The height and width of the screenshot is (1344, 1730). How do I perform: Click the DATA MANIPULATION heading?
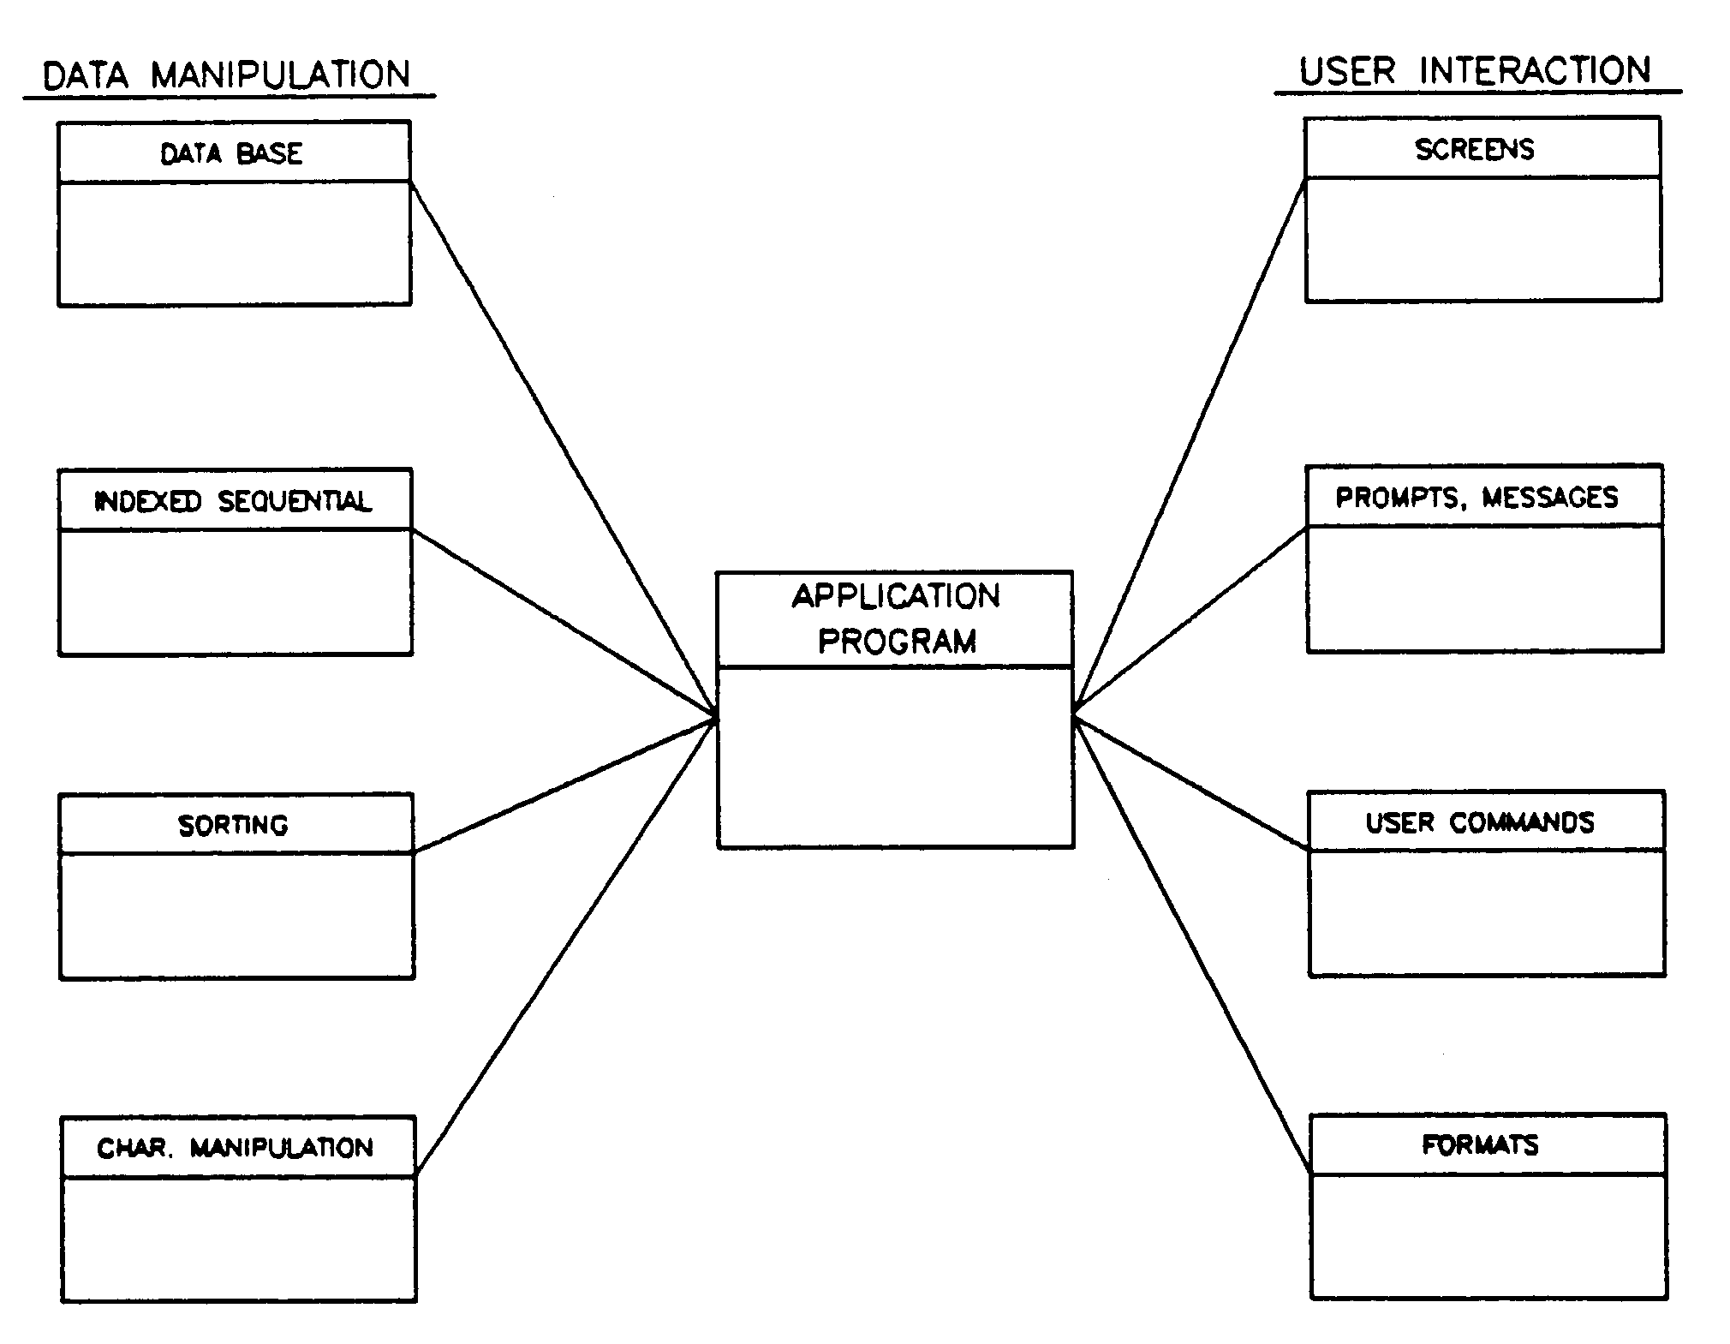(227, 75)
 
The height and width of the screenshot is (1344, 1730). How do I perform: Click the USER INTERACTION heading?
(1475, 71)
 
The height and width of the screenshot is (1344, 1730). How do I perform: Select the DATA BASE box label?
(231, 153)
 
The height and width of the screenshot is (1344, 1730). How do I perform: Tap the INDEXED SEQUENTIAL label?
(233, 501)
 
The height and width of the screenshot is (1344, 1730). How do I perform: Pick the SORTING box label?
(233, 825)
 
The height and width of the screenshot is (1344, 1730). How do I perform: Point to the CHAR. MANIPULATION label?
(236, 1148)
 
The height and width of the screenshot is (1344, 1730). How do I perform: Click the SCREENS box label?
(1475, 150)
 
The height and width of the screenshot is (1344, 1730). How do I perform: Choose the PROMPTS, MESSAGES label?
(1477, 498)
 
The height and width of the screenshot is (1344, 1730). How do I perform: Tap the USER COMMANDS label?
(1480, 822)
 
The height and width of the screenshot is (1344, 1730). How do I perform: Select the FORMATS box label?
(1481, 1145)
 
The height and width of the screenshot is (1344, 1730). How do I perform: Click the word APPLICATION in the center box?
(896, 596)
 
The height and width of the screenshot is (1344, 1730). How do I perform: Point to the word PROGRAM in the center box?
(897, 641)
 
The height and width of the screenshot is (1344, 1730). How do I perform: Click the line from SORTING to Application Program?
(565, 785)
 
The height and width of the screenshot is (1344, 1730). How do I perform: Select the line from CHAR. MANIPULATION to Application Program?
(565, 946)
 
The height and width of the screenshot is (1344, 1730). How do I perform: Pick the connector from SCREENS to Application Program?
(1190, 445)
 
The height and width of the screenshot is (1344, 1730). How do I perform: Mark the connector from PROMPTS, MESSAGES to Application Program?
(1190, 619)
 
